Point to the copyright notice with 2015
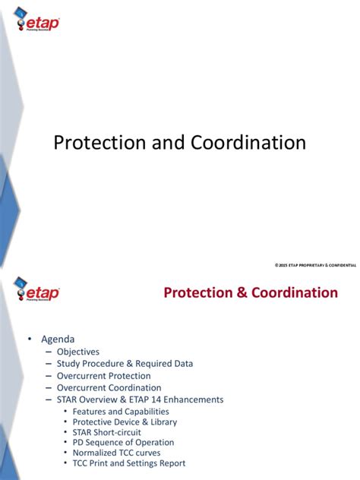click(314, 264)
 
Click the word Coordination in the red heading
click(292, 292)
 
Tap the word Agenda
click(58, 339)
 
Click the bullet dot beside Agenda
click(31, 339)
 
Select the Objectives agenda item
click(77, 352)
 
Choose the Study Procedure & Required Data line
click(125, 364)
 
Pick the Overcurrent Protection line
click(103, 376)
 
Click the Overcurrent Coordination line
click(109, 388)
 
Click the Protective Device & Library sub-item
click(125, 422)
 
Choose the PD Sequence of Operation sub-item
click(123, 442)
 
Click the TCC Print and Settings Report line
click(128, 463)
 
